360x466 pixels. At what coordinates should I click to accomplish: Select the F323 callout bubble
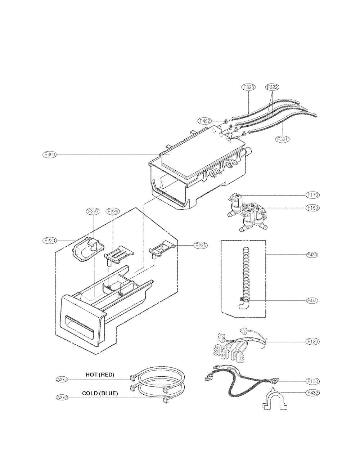[248, 87]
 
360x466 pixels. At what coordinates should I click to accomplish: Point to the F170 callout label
[312, 195]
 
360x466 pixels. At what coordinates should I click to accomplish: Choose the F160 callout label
[312, 208]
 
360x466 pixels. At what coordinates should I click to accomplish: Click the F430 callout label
[312, 255]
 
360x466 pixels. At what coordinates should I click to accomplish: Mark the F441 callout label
[312, 300]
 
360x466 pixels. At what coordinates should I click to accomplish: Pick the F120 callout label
[312, 341]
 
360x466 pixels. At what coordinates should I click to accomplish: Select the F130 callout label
[312, 381]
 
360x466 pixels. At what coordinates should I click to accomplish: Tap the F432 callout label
[312, 393]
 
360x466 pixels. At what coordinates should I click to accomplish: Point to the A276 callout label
[62, 397]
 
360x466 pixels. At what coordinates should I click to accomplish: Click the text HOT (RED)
[100, 375]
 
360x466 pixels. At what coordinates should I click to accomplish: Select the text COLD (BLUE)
[100, 393]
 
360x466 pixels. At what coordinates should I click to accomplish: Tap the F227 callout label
[93, 212]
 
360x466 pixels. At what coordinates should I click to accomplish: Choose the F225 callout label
[200, 246]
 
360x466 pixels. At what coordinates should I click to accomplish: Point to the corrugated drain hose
[246, 274]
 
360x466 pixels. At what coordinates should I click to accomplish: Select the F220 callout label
[49, 240]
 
